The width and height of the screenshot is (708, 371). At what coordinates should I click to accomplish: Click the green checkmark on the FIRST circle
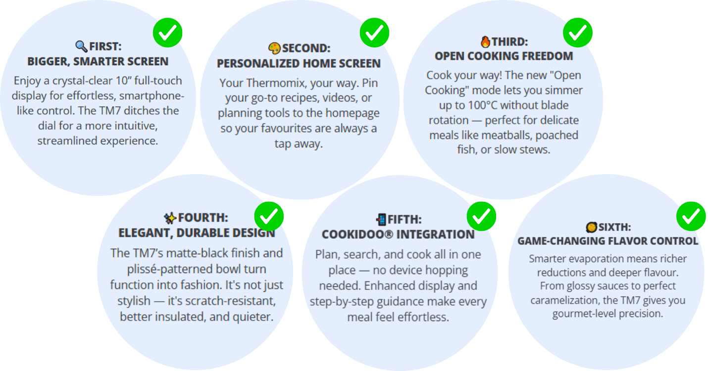coord(167,33)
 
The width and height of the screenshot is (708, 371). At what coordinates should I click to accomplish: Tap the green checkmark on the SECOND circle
coord(374,33)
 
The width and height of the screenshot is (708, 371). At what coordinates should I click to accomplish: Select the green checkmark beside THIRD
coord(577,33)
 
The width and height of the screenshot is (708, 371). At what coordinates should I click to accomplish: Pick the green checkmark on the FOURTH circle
coord(269,217)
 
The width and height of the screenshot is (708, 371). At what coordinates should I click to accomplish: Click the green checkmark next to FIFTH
coord(481,217)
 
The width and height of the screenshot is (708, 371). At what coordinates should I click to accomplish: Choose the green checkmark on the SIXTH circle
coord(691,217)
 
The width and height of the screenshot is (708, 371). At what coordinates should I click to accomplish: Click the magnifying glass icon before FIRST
coord(81,46)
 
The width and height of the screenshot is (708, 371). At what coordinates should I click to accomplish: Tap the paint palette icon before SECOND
coord(274,48)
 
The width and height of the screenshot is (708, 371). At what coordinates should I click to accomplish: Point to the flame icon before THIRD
coord(485,42)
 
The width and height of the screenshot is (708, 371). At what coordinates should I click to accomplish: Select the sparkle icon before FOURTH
coord(170,218)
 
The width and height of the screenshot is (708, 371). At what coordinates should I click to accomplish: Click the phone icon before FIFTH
coord(381,220)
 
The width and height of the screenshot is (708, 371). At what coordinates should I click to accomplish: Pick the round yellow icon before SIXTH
coord(591,227)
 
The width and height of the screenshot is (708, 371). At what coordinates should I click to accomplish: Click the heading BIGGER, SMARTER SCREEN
coord(98,61)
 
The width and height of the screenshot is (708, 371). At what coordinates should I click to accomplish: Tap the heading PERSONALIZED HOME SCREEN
coord(299,64)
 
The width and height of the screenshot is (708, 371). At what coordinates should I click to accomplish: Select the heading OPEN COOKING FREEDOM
coord(504,56)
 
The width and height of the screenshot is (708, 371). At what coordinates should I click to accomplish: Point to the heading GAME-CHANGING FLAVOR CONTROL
coord(607,241)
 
